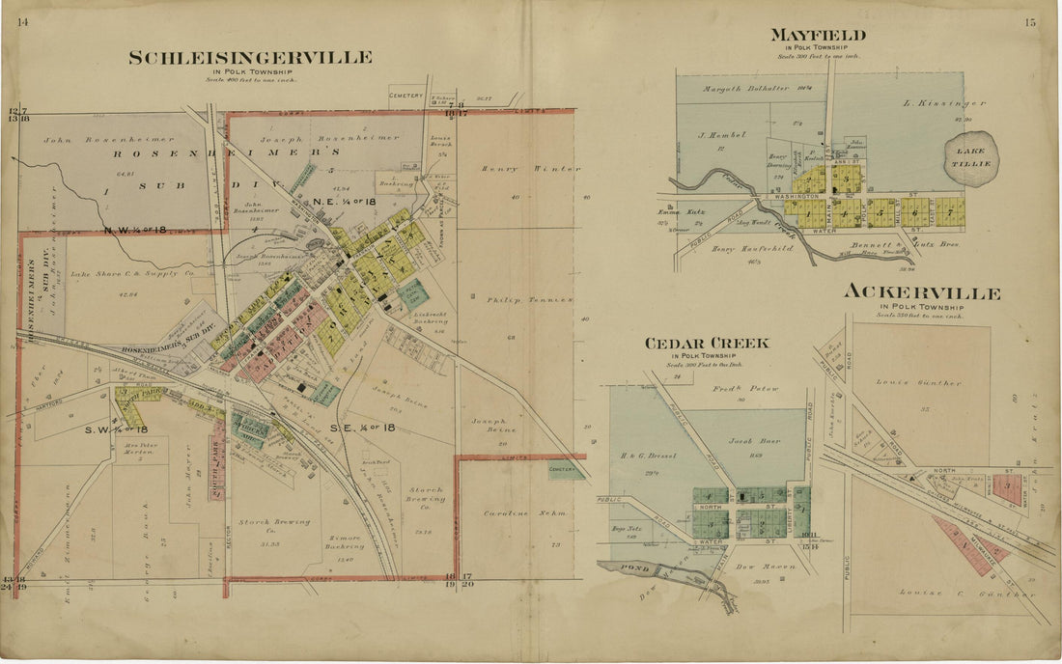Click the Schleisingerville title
(250, 58)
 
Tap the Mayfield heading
(817, 36)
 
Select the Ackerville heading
(922, 291)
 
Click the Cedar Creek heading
(708, 343)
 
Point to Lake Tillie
(970, 157)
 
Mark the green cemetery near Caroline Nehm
(567, 471)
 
